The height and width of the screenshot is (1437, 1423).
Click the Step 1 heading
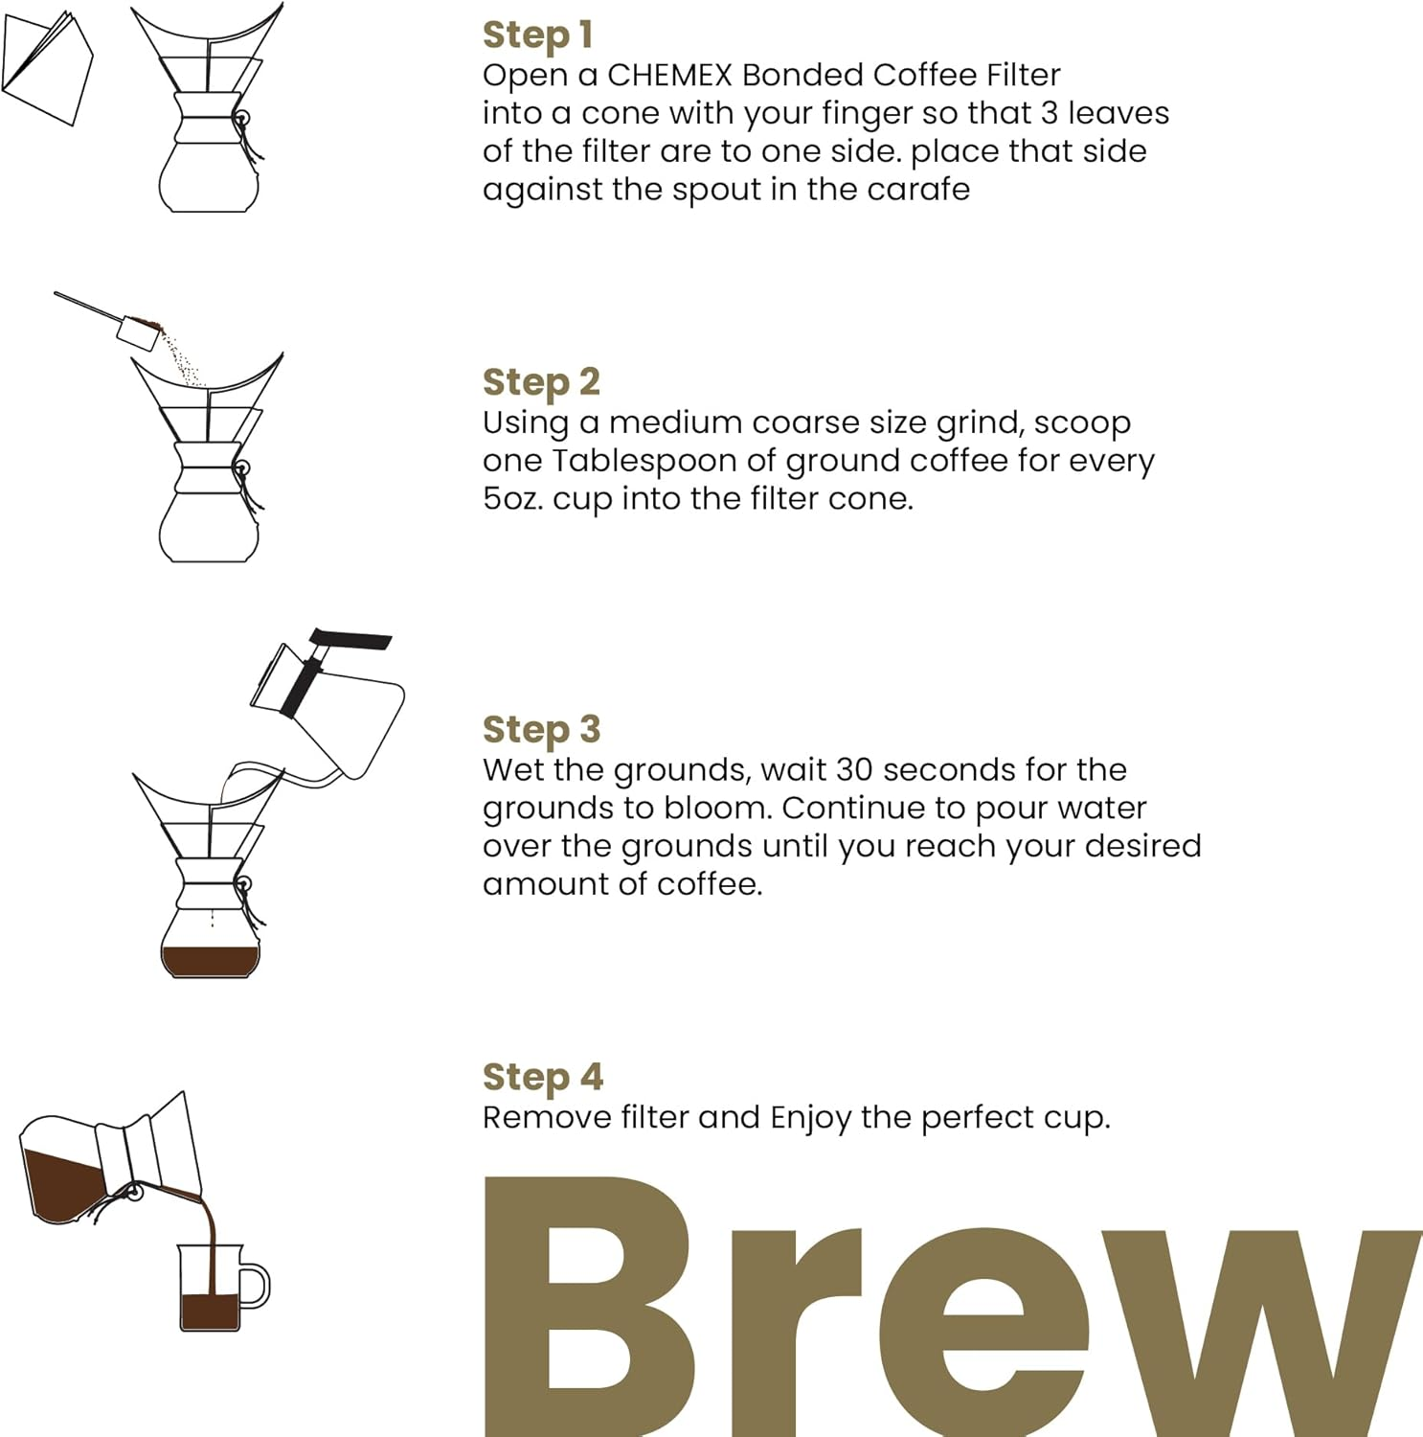pos(537,35)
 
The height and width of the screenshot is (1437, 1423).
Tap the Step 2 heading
pos(541,382)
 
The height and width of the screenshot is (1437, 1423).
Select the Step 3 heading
pos(541,729)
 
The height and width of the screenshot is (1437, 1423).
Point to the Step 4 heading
pos(542,1077)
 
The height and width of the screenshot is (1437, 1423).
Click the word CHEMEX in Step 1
pos(669,75)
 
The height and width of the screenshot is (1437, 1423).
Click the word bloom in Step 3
pos(717,808)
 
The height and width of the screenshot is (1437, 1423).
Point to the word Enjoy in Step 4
pos(810,1117)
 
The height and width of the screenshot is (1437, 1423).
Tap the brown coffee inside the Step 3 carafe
pos(210,960)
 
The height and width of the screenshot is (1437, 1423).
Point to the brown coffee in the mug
pos(210,1311)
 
